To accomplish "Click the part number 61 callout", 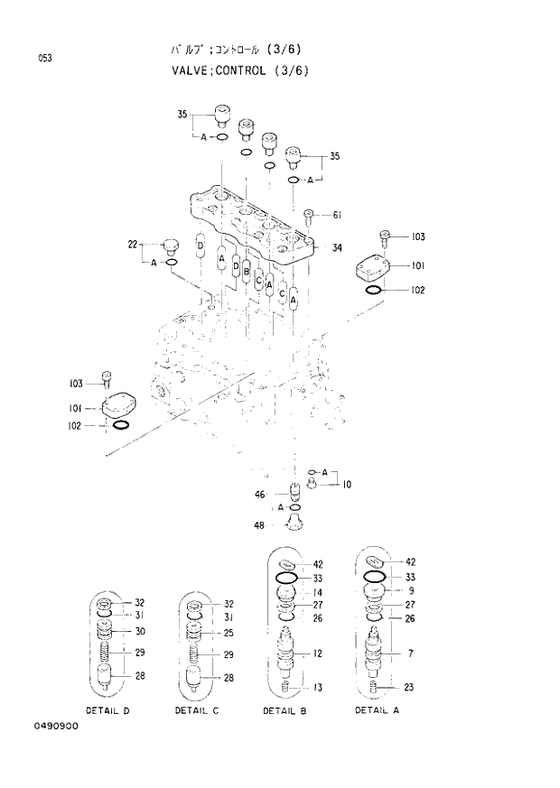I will pos(336,215).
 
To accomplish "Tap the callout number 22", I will pos(132,245).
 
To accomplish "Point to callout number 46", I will pos(259,494).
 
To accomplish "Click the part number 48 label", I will pos(259,524).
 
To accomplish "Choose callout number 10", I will pos(347,485).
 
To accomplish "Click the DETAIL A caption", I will pos(378,709).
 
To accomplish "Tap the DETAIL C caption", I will pos(198,710).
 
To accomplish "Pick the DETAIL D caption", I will pos(108,710).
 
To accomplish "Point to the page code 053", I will pos(44,59).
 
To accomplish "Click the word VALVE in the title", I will pos(190,70).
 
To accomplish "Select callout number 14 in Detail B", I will pos(318,592).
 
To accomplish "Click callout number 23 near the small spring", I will pos(409,687).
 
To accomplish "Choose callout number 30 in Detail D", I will pos(140,631).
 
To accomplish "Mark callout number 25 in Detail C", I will pos(229,632).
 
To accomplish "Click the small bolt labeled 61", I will pos(309,217).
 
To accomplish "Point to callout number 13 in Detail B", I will pos(318,687).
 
